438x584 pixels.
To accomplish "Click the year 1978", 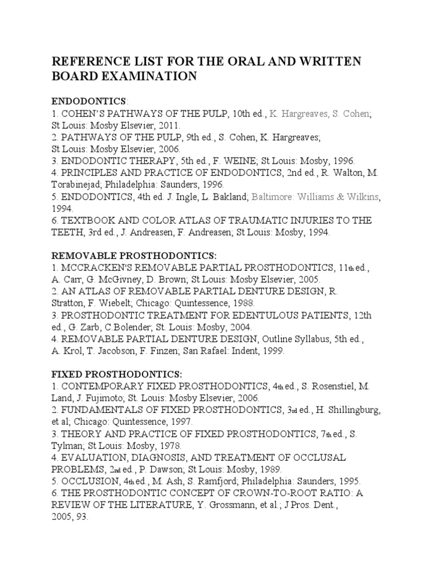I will click(x=175, y=445).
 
